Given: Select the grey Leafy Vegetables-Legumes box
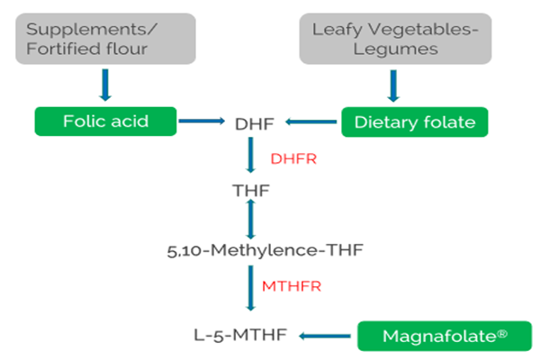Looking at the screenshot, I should (x=392, y=39).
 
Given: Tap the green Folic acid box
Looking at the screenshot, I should (x=104, y=121).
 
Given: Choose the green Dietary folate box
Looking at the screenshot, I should (x=415, y=121).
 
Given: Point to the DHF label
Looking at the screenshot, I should (x=252, y=121).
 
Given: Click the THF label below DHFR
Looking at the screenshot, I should (x=252, y=191).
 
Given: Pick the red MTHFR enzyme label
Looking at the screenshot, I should (x=292, y=287).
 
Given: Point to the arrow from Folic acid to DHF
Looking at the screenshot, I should (x=202, y=121).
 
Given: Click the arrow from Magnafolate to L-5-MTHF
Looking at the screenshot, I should (x=325, y=336).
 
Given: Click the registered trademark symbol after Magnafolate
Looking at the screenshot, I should (x=502, y=331).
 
